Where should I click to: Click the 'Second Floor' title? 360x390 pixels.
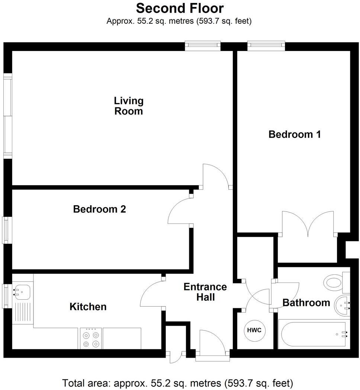pyautogui.click(x=180, y=8)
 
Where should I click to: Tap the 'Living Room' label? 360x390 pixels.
pyautogui.click(x=128, y=106)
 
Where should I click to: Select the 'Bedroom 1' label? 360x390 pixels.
pyautogui.click(x=295, y=134)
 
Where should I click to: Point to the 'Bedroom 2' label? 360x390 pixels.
pyautogui.click(x=99, y=209)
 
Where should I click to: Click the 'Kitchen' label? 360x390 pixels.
pyautogui.click(x=88, y=307)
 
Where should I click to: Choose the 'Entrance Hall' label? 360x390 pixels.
pyautogui.click(x=205, y=292)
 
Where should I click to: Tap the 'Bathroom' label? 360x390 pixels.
pyautogui.click(x=306, y=303)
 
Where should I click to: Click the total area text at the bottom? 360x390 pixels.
pyautogui.click(x=177, y=383)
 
